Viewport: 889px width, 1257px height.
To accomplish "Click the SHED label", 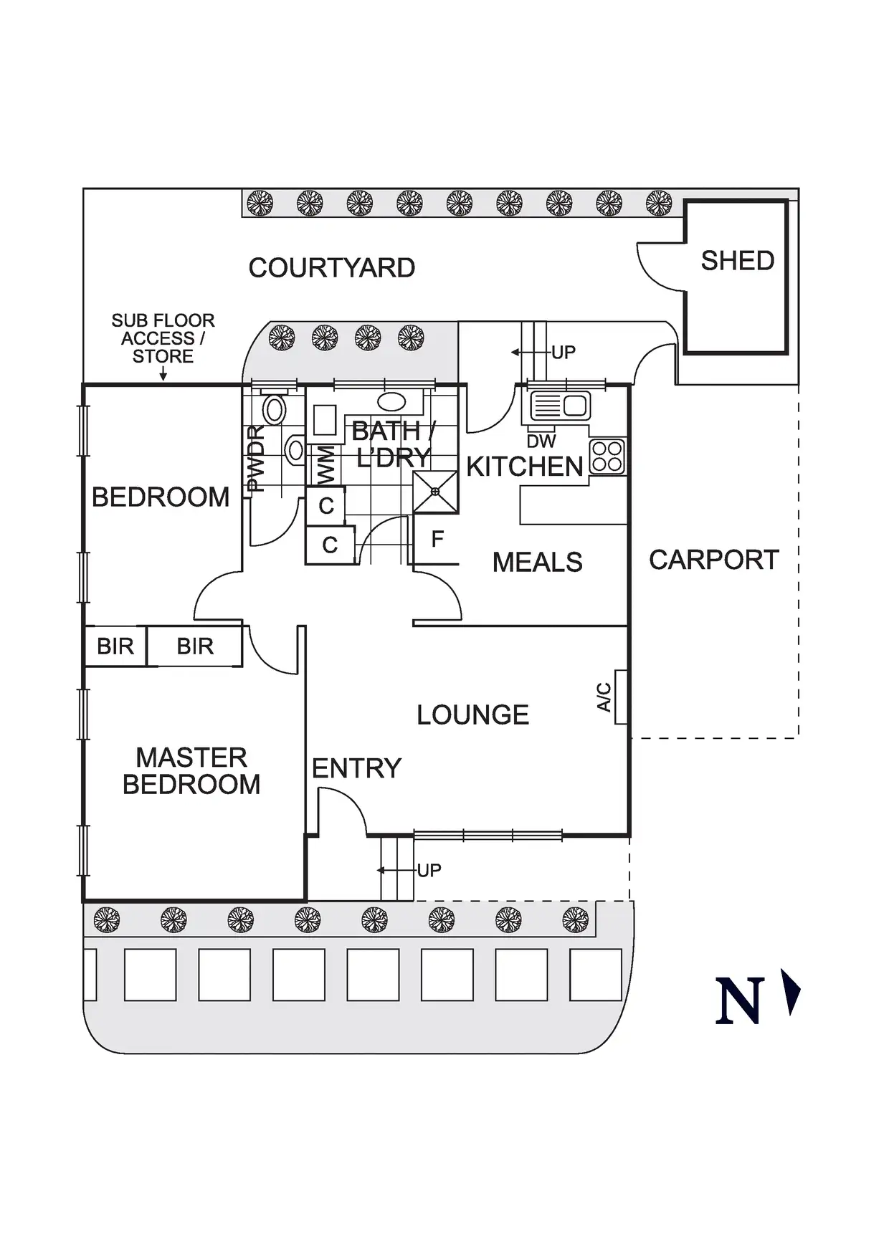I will click(x=737, y=261).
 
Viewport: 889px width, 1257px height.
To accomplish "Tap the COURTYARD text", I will click(x=331, y=268).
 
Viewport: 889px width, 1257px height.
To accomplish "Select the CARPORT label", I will click(x=713, y=560).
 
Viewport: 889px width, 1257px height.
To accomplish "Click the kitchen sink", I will click(x=560, y=406).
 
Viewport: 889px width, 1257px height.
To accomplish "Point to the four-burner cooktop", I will click(x=607, y=457).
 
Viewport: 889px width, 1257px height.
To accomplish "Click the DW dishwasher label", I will click(x=541, y=441).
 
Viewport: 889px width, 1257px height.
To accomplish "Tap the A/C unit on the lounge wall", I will click(x=622, y=697).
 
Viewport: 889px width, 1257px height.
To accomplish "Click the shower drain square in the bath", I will click(x=435, y=492).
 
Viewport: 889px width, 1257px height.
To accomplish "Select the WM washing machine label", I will click(x=325, y=464).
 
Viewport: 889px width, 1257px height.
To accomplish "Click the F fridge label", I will click(x=437, y=539).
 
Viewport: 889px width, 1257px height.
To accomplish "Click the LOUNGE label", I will click(x=472, y=714).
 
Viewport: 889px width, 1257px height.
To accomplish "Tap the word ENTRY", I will click(x=356, y=768).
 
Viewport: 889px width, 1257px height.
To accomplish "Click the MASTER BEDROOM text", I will click(x=191, y=770).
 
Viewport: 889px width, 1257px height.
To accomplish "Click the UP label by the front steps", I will click(x=429, y=870).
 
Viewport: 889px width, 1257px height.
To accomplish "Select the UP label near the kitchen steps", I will click(x=563, y=352).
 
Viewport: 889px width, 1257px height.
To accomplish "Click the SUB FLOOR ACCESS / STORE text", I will click(x=163, y=338).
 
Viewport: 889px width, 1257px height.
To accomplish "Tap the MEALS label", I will click(x=537, y=563).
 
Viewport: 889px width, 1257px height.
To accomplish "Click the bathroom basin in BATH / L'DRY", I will click(x=391, y=401).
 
